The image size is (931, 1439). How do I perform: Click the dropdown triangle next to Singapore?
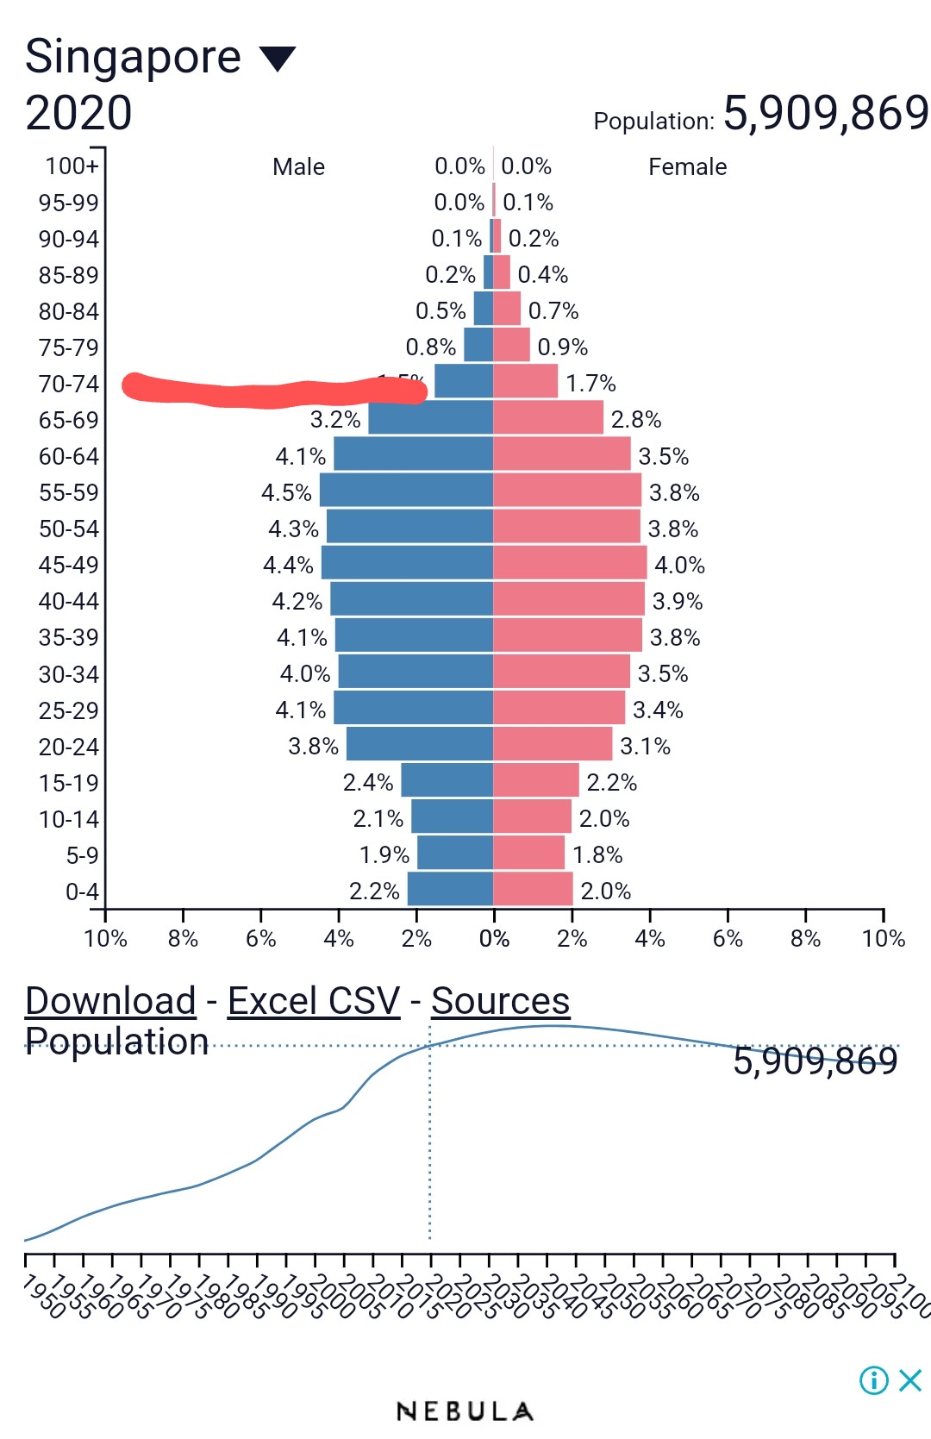tap(278, 59)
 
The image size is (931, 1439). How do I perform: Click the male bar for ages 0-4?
tap(450, 889)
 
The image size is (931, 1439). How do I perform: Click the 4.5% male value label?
tap(286, 492)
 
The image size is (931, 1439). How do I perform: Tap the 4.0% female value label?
tap(679, 565)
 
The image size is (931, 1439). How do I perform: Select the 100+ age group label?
tap(72, 166)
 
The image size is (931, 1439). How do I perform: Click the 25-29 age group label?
tap(69, 710)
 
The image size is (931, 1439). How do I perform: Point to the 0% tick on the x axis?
tap(494, 938)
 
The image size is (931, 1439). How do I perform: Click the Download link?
tap(111, 1001)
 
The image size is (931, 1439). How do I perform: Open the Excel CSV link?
tap(314, 1001)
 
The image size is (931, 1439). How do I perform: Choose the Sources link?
tap(500, 1001)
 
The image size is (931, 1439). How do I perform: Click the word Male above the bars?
tap(298, 166)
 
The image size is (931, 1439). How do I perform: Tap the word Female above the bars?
tap(687, 166)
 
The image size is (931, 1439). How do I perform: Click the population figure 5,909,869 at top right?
tap(825, 113)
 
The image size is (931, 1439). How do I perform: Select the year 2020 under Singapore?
tap(78, 113)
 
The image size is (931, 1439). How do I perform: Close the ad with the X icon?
tap(910, 1380)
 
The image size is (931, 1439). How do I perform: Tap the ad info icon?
tap(873, 1380)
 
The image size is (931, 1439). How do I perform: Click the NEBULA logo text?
tap(465, 1411)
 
